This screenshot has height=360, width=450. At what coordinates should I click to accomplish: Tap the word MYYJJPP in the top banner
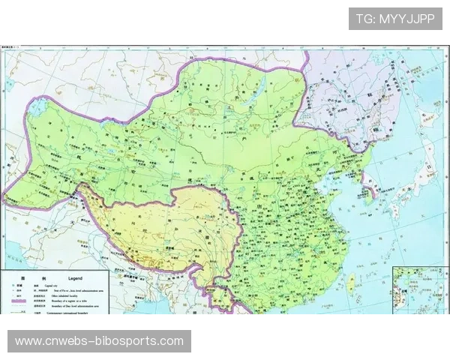point(406,19)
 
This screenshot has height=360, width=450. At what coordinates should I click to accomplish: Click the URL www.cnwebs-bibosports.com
point(99,341)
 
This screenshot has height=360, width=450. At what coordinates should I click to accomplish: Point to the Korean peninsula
point(369,180)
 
